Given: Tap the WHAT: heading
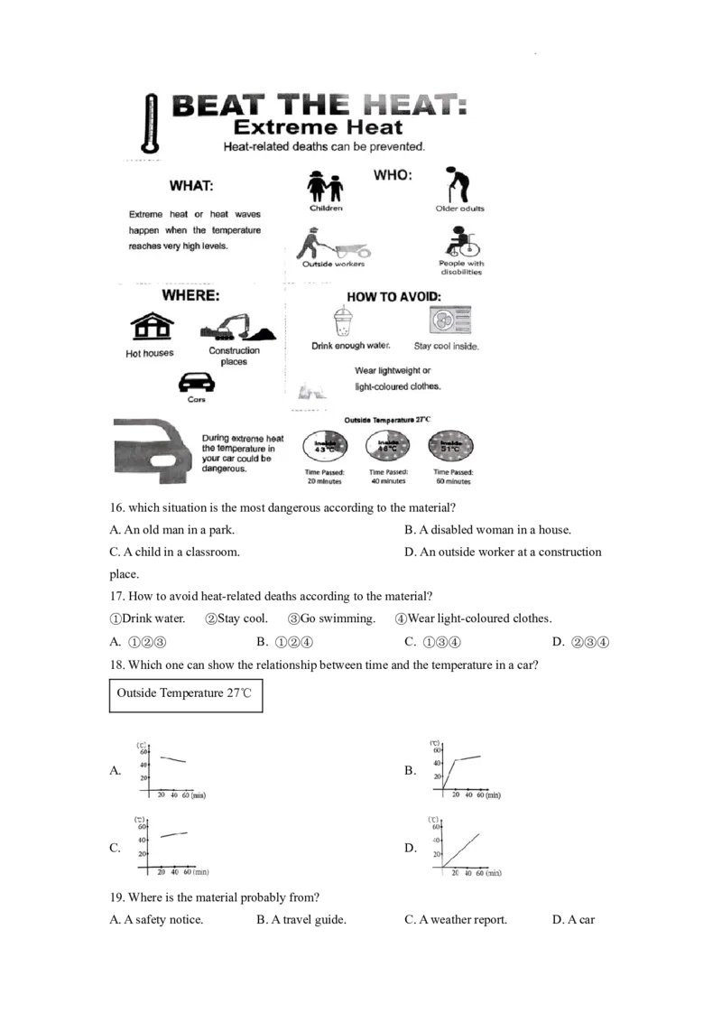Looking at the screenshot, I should point(191,186).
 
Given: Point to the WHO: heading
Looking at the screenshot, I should point(393,175).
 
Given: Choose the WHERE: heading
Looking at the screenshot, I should point(190,295).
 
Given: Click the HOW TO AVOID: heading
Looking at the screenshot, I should point(394,295).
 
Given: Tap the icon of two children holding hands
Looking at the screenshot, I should point(326,187).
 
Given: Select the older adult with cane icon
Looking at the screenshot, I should point(458,184).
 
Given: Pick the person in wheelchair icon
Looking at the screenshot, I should point(460,243).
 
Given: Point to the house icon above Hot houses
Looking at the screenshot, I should point(150,327).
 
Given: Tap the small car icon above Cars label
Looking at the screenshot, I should point(196,382).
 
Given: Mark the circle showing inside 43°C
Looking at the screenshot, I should point(324,446).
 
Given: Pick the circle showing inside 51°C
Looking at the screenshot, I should point(452,446).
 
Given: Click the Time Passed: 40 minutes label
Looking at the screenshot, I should point(387,477).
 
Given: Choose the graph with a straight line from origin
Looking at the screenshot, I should point(466,845).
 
